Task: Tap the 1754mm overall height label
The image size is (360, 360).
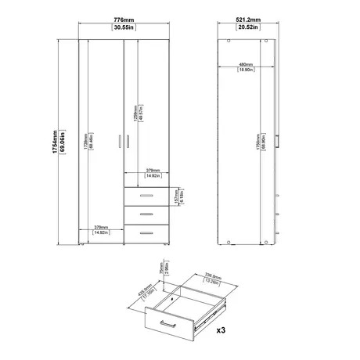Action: [53, 141]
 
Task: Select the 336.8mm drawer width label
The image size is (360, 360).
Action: [204, 276]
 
